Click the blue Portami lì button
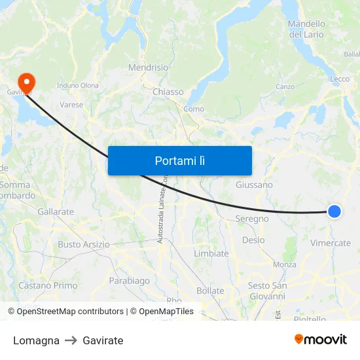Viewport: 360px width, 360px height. tap(180, 160)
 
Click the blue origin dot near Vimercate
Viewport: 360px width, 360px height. tap(334, 211)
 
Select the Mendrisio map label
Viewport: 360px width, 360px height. tap(148, 67)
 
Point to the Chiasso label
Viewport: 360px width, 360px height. tap(168, 92)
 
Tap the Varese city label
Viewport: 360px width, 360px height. tap(71, 104)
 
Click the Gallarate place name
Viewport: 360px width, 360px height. tap(56, 211)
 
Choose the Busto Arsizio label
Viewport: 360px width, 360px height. tap(84, 244)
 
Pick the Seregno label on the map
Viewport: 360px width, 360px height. tap(252, 219)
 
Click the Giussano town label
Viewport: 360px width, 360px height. tap(254, 185)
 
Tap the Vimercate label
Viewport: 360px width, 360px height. tap(331, 243)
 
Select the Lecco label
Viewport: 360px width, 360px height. tap(340, 79)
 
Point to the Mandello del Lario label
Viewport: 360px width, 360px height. tap(306, 29)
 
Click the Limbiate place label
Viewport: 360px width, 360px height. tap(211, 253)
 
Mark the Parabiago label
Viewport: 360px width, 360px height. tap(130, 280)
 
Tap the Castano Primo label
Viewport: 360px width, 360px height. tap(48, 285)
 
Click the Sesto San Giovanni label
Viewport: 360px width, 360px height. tap(267, 291)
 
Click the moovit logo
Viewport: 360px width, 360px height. tap(321, 339)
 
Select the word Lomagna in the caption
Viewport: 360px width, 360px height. tap(36, 340)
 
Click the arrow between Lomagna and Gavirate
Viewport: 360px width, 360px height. tap(71, 340)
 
